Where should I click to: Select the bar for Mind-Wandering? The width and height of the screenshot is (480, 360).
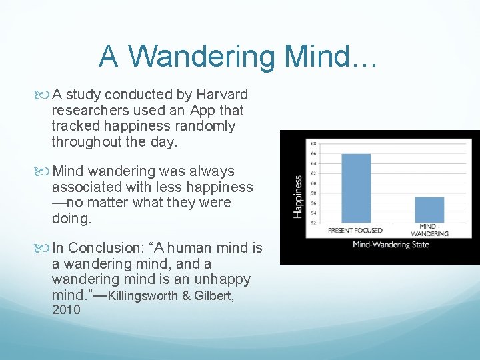click(x=429, y=209)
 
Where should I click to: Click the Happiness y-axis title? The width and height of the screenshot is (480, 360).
click(x=297, y=196)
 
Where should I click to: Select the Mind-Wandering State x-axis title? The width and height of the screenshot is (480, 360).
click(x=391, y=245)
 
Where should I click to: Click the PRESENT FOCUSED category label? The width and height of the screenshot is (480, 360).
click(x=355, y=230)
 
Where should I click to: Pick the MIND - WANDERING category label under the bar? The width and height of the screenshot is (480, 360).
click(x=429, y=231)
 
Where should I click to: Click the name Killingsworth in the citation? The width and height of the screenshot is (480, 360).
click(x=139, y=295)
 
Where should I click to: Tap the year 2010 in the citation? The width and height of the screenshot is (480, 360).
click(x=66, y=309)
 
